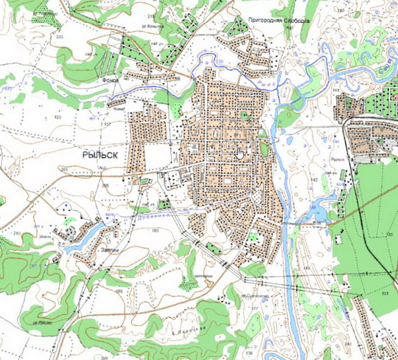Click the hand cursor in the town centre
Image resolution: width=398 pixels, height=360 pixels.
[x=240, y=153]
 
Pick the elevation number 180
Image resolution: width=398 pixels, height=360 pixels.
[x=340, y=10]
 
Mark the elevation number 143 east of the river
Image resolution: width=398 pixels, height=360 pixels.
[x=336, y=89]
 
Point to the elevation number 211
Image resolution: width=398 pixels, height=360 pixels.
[x=150, y=15]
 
